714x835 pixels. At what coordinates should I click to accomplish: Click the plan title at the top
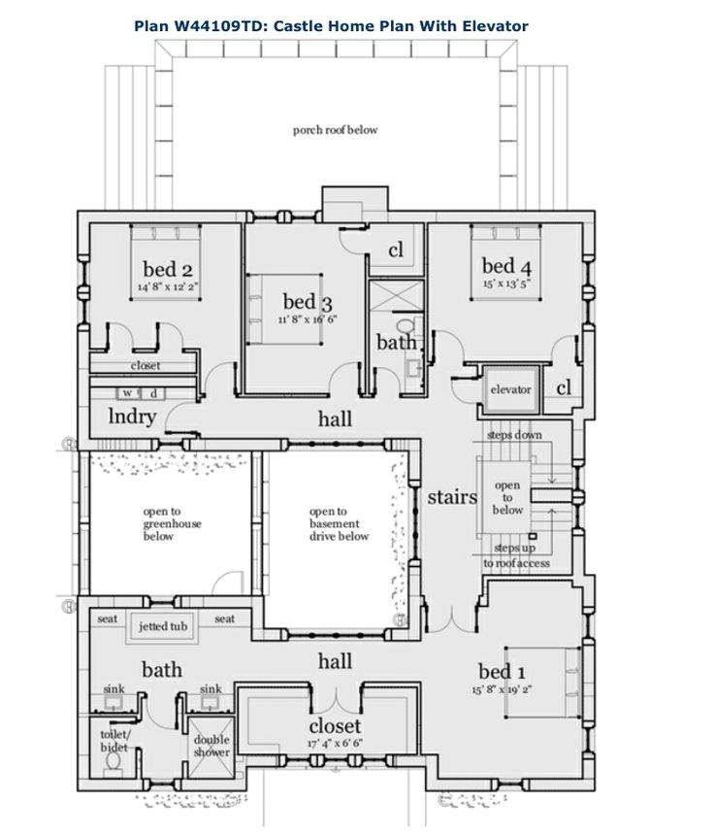pyautogui.click(x=356, y=26)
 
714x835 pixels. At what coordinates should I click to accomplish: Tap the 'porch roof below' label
pyautogui.click(x=336, y=129)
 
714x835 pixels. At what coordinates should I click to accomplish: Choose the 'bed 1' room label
pyautogui.click(x=503, y=671)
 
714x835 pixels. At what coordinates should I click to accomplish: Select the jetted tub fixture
pyautogui.click(x=162, y=626)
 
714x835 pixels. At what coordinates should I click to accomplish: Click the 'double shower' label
pyautogui.click(x=211, y=746)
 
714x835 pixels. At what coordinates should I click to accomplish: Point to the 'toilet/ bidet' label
pyautogui.click(x=114, y=741)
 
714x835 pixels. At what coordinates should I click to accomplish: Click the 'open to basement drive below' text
pyautogui.click(x=339, y=523)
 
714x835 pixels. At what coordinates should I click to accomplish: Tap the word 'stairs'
pyautogui.click(x=453, y=498)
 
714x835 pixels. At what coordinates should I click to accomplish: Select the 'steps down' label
pyautogui.click(x=515, y=435)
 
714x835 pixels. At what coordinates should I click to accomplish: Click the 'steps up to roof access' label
pyautogui.click(x=516, y=556)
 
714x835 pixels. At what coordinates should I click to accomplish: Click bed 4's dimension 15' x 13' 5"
pyautogui.click(x=504, y=284)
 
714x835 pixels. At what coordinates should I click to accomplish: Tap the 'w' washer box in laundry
pyautogui.click(x=127, y=393)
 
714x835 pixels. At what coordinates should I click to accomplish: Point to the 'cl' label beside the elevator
pyautogui.click(x=564, y=388)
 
